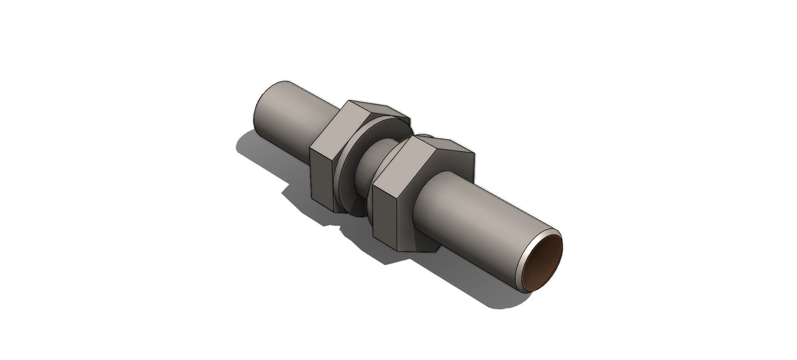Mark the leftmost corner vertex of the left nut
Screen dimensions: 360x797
pos(310,149)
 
